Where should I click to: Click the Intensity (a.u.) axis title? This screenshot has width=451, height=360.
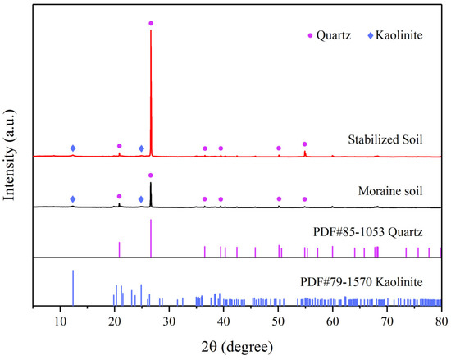[11, 159]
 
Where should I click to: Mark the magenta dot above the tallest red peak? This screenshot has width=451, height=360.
[150, 23]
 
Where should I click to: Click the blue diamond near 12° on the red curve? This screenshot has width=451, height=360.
[73, 148]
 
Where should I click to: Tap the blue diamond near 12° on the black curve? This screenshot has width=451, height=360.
[73, 199]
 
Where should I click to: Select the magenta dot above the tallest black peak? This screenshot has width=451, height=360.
[150, 175]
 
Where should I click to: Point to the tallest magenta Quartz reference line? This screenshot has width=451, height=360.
[151, 239]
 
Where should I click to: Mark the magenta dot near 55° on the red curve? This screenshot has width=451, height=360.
[304, 144]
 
